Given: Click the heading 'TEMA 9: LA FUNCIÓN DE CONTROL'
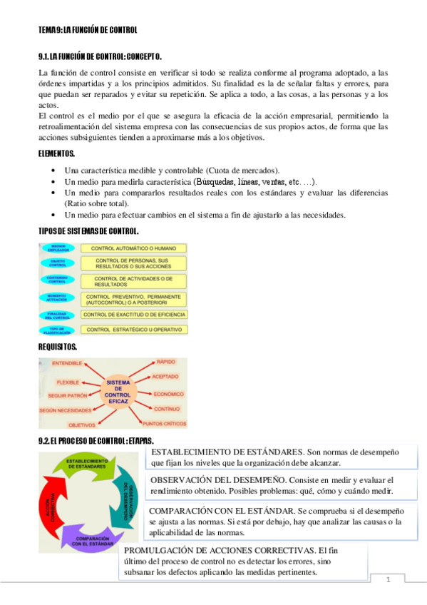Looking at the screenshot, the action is tap(87, 29).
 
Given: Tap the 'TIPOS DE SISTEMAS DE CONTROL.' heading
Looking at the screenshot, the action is tap(88, 231).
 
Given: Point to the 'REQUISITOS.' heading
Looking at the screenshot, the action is tap(58, 347).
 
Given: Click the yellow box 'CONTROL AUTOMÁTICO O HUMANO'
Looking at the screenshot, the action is tap(135, 248).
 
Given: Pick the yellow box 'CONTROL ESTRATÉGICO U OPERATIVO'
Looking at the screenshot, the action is tap(135, 330).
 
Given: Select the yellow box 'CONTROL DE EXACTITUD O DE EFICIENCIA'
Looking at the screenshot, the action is tap(135, 314).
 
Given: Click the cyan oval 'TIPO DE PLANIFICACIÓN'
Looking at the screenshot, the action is tap(58, 330).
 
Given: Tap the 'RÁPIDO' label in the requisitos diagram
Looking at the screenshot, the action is tap(165, 362).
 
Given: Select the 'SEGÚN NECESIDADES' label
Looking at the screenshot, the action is tap(66, 410).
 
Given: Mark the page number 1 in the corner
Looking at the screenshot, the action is tap(389, 579).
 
